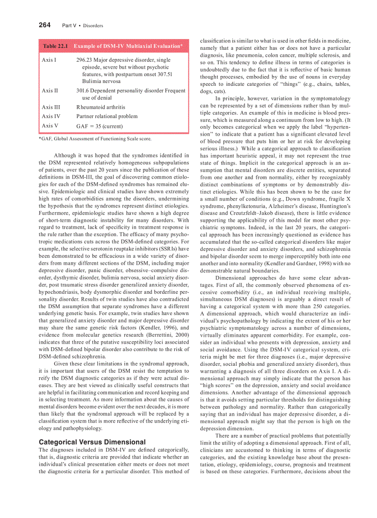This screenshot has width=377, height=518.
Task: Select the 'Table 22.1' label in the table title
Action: [x=55, y=46]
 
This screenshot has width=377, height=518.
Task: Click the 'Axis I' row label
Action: [x=49, y=60]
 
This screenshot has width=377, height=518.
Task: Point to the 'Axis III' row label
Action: [x=51, y=107]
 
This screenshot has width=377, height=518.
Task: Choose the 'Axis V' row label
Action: [x=50, y=125]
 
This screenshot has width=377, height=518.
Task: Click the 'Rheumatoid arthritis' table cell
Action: [x=100, y=107]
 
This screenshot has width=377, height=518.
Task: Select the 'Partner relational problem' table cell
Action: [x=107, y=116]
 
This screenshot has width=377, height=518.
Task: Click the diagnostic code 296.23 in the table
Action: [x=85, y=60]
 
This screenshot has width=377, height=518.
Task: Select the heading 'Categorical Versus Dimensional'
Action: [x=92, y=441]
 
